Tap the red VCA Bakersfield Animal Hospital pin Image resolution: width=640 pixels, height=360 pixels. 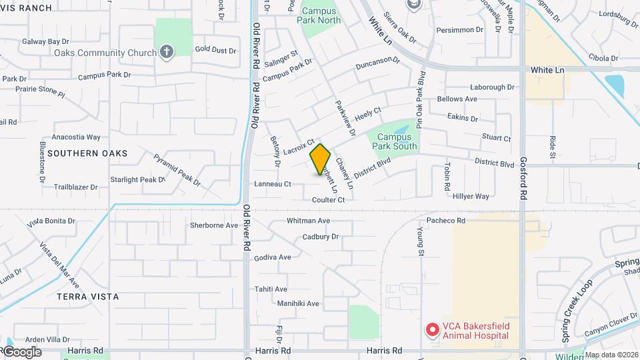point(432,329)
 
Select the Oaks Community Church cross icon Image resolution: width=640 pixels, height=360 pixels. point(167,51)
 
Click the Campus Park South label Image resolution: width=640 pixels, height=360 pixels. point(394,141)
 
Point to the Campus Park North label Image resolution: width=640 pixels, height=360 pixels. point(321,15)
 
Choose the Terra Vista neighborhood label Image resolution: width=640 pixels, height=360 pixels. point(88,296)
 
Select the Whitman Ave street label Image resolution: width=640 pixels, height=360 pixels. point(308,221)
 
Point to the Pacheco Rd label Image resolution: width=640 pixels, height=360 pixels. point(445,220)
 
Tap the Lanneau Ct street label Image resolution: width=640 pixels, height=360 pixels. point(273,184)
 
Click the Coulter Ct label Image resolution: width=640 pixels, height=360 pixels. point(328,200)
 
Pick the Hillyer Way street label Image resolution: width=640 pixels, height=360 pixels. point(471,197)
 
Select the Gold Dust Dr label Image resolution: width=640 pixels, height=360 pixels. point(215,50)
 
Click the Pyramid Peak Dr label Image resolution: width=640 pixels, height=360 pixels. point(177,169)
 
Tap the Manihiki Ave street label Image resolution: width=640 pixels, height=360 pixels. point(299,303)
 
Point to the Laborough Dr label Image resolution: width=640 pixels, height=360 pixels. point(492,87)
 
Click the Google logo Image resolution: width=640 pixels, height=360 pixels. point(21,352)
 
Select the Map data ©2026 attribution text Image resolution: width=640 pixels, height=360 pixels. point(611,355)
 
